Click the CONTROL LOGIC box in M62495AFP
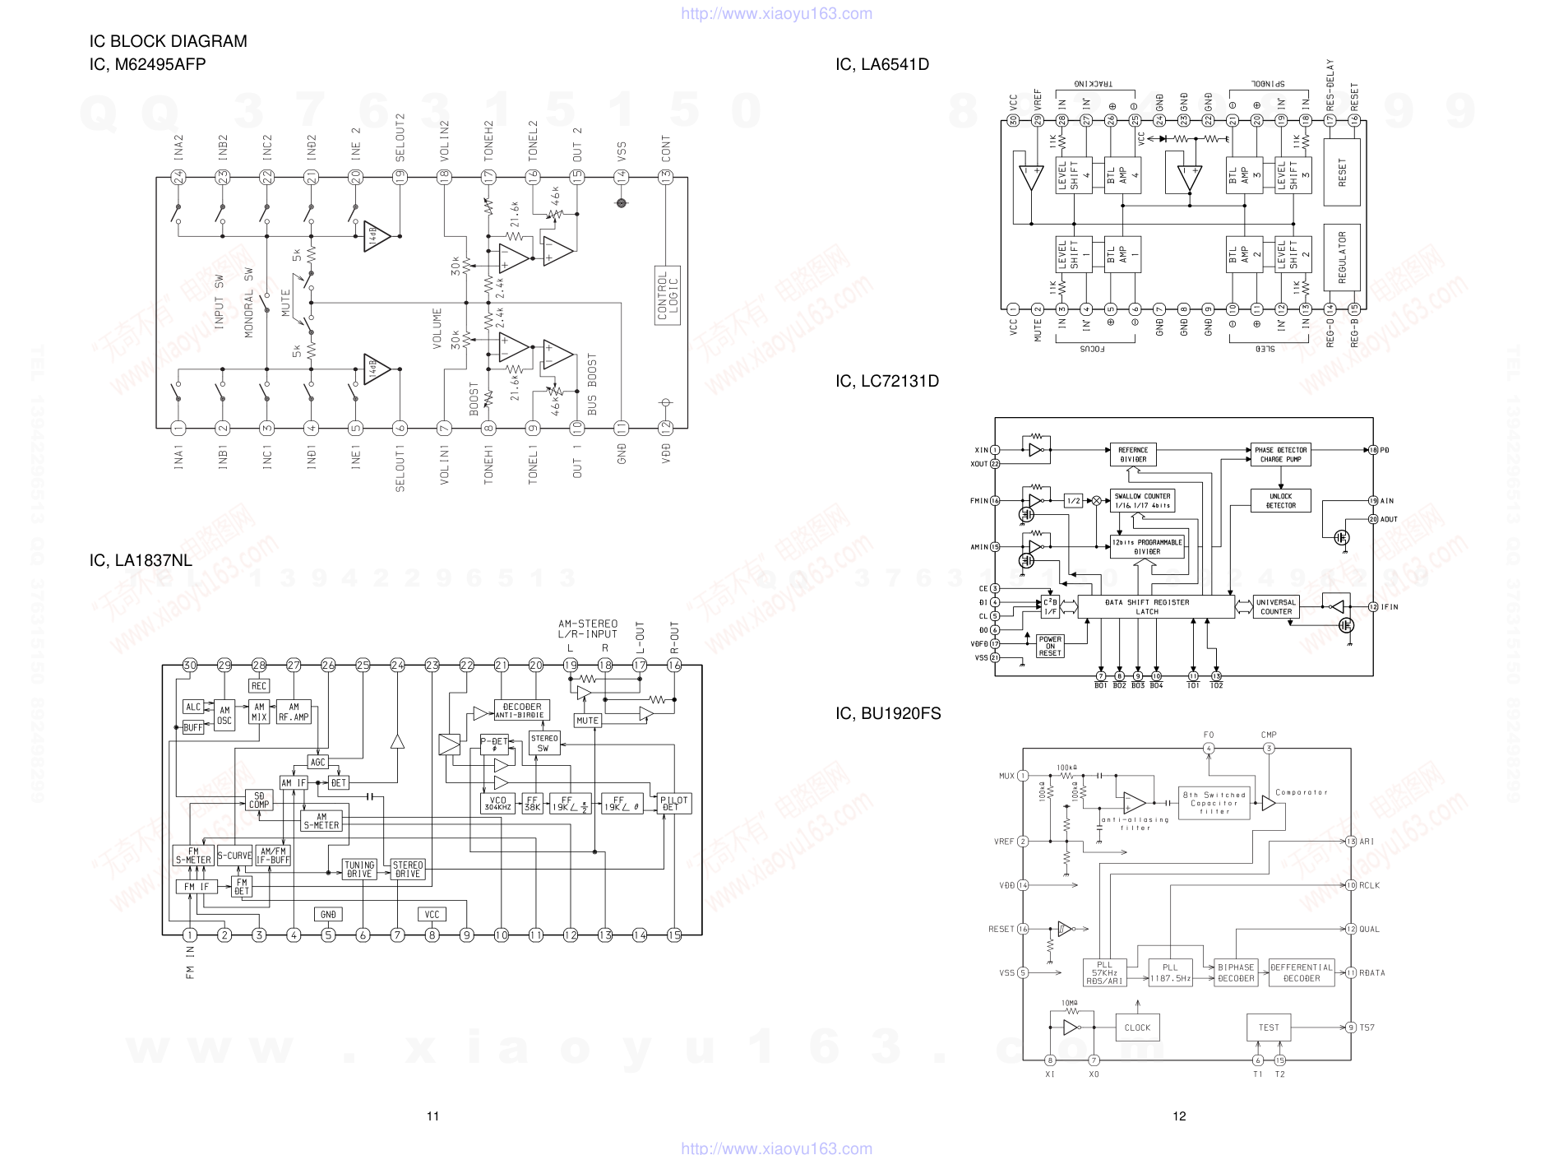point(668,296)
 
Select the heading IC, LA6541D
point(881,64)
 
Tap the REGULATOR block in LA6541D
point(1342,257)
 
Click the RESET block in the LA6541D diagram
point(1342,173)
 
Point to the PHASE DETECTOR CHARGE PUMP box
point(1280,455)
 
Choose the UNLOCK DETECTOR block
point(1280,501)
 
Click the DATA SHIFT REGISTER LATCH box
point(1147,607)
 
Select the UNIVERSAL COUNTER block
point(1275,607)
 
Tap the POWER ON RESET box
point(1050,646)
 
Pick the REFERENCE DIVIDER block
point(1132,455)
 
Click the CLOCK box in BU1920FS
point(1137,1027)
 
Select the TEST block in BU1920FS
point(1269,1027)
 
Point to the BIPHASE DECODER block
point(1236,973)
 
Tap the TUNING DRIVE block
point(359,870)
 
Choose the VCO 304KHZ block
point(498,804)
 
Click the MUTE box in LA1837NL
point(587,721)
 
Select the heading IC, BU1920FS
point(888,713)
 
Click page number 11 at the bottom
point(432,1116)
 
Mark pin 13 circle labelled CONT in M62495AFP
point(665,177)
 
